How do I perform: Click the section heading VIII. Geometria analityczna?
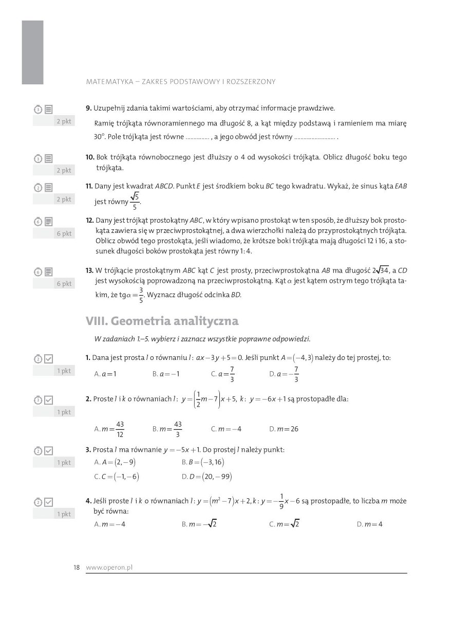point(162,321)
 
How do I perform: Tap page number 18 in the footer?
point(77,568)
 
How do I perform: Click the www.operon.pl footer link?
point(109,568)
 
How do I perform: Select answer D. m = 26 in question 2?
point(284,429)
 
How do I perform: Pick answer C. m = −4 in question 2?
point(226,429)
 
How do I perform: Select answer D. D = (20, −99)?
point(206,477)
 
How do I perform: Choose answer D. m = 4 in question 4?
point(369,524)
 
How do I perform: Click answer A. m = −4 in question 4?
point(109,524)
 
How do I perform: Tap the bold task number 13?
point(89,270)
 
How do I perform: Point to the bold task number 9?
point(88,108)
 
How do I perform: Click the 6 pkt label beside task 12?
point(64,233)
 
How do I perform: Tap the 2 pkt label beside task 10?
point(64,170)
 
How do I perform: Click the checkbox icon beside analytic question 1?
point(49,359)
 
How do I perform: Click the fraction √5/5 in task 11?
point(135,201)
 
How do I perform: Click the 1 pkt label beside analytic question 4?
point(64,514)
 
